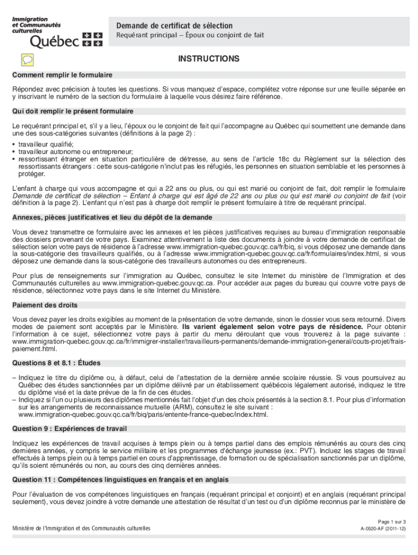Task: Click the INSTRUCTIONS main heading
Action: [x=209, y=59]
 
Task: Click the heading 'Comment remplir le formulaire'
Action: [x=62, y=75]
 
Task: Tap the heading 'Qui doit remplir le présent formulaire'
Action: [x=73, y=111]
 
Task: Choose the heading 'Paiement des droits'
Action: [x=45, y=305]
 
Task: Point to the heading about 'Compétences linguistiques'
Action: [x=121, y=480]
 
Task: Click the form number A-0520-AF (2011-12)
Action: [x=383, y=528]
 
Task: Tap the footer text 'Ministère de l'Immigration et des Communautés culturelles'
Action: [x=81, y=528]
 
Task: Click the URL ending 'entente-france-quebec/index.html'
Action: [x=143, y=415]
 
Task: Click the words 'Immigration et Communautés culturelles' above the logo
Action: [x=36, y=25]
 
